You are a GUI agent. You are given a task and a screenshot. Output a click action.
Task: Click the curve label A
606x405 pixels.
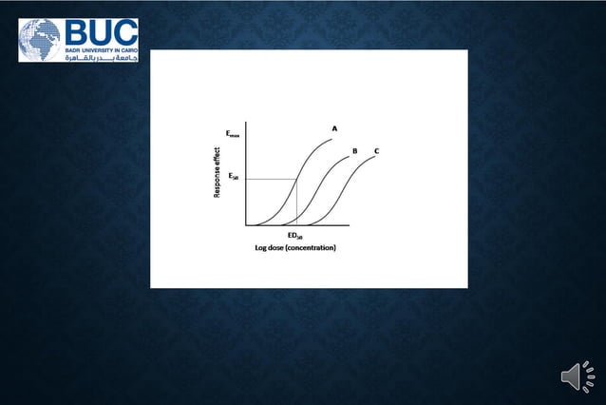click(334, 127)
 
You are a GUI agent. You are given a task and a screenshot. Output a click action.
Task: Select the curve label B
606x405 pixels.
click(354, 151)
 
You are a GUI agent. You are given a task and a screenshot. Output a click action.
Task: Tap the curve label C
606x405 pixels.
click(377, 151)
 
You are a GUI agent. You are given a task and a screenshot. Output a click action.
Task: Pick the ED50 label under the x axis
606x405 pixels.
click(294, 236)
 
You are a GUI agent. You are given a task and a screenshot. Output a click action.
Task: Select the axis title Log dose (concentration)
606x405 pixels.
click(294, 248)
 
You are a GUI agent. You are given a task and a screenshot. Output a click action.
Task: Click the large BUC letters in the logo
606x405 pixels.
click(102, 31)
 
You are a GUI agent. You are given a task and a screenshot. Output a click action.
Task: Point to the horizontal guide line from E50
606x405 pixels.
click(271, 179)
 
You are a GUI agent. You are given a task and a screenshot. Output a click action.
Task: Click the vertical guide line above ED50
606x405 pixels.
click(297, 204)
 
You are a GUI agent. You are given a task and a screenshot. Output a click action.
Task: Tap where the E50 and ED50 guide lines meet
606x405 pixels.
click(297, 179)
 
